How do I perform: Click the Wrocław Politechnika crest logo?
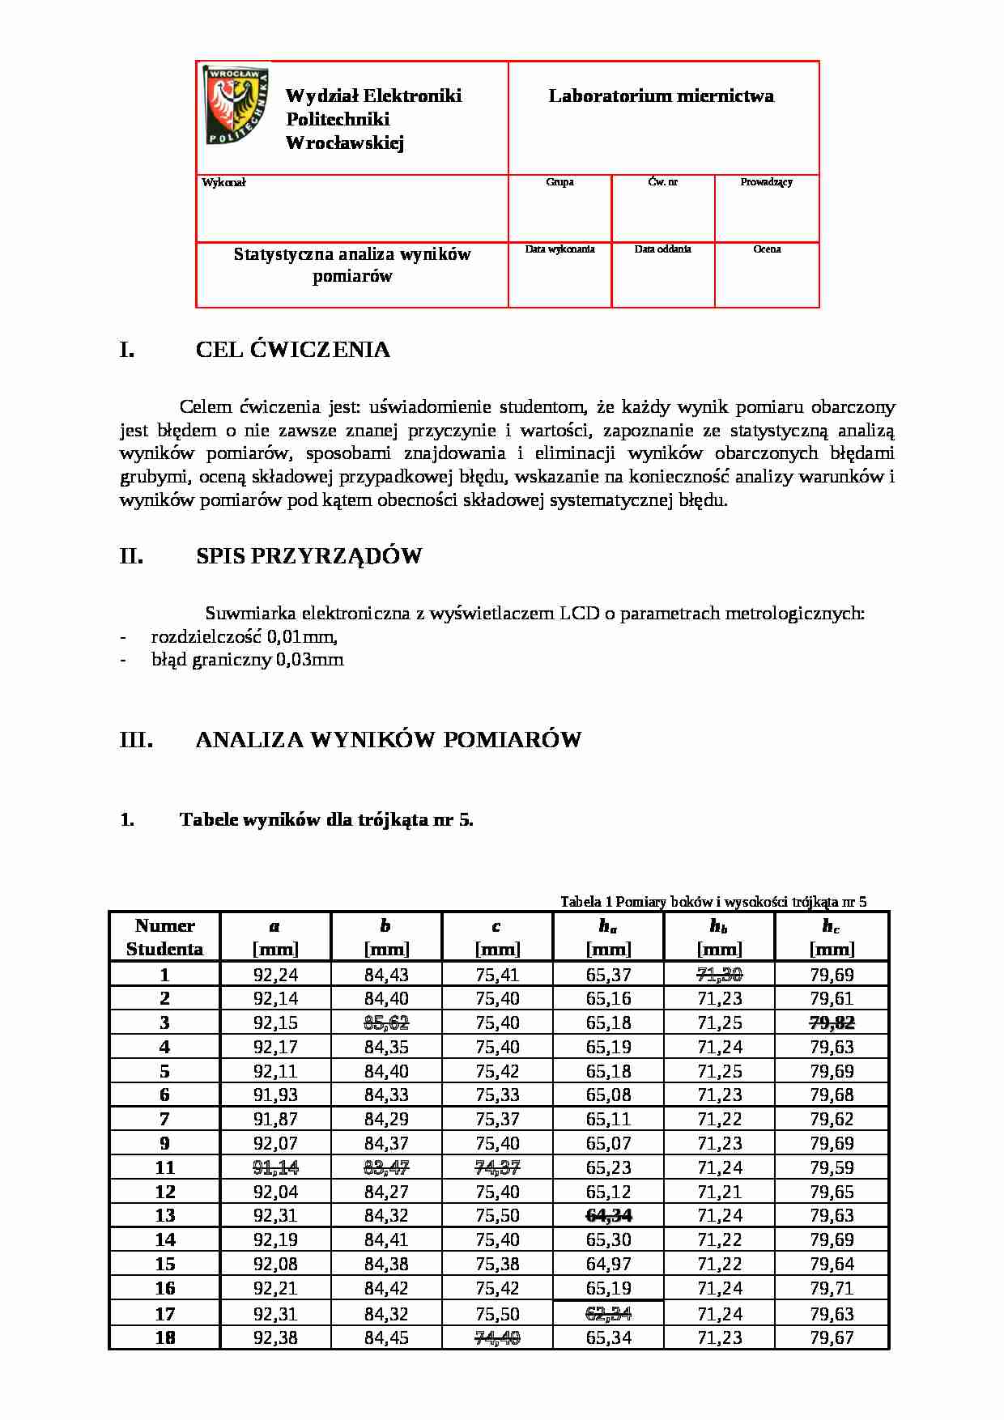click(236, 105)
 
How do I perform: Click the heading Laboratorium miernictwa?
click(661, 96)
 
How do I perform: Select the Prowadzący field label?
click(766, 182)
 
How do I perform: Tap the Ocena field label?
click(767, 249)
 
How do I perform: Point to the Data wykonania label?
click(559, 249)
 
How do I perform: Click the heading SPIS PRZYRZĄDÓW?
click(308, 556)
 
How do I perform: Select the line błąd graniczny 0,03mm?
click(247, 660)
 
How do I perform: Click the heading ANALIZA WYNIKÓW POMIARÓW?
click(388, 740)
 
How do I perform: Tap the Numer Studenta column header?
click(164, 937)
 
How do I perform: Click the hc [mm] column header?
click(832, 937)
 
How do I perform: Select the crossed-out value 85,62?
click(386, 1022)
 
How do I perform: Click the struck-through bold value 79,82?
click(832, 1022)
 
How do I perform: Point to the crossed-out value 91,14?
click(275, 1167)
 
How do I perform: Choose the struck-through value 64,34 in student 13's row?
click(608, 1215)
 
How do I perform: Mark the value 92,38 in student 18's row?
click(275, 1337)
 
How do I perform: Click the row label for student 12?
click(164, 1192)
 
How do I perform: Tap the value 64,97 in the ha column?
click(608, 1264)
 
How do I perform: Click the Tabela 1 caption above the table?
click(713, 902)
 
